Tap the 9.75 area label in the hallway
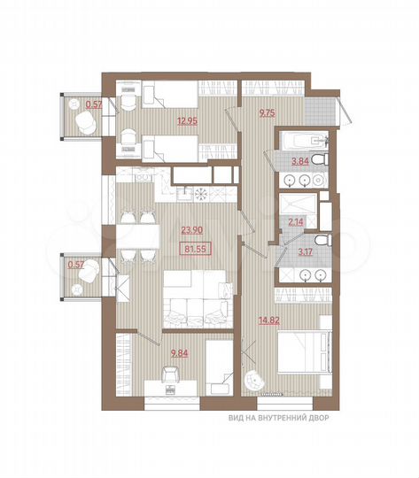267,112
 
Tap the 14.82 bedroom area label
268,321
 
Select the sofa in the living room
196,306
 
